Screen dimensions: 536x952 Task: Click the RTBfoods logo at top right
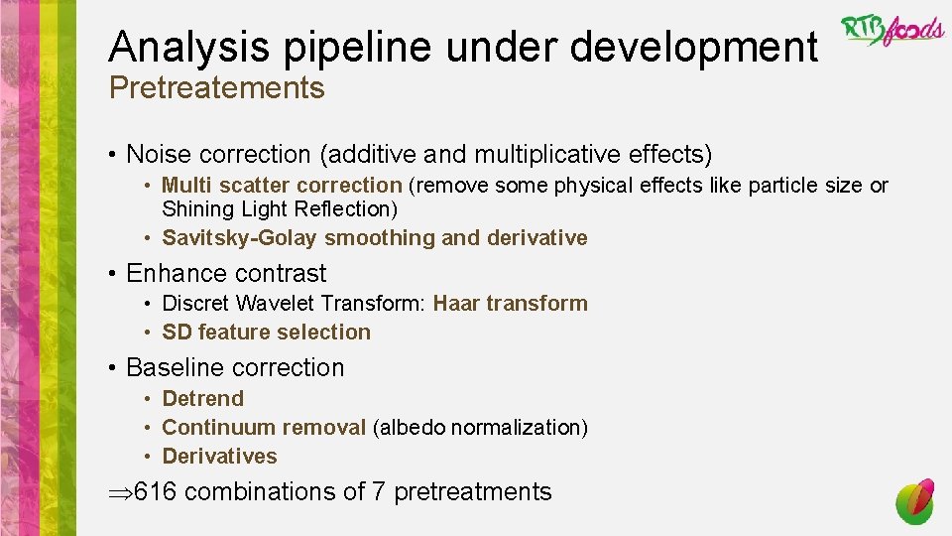[x=892, y=31]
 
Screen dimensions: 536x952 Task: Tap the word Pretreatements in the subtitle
[x=216, y=88]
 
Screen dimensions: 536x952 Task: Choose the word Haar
[x=457, y=304]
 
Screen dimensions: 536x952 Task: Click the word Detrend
[x=202, y=399]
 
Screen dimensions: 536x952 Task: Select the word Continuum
[x=216, y=428]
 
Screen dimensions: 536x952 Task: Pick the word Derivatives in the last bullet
[x=219, y=457]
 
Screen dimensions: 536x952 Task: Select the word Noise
[x=159, y=155]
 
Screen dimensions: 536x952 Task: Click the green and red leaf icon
[x=914, y=501]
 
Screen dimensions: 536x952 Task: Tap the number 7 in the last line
[x=378, y=491]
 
